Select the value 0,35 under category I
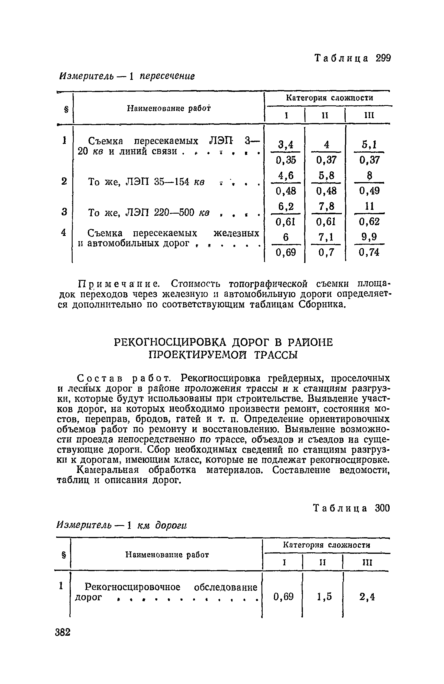click(x=285, y=160)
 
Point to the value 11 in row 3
click(x=369, y=206)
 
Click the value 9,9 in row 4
click(x=369, y=237)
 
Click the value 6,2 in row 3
click(x=285, y=206)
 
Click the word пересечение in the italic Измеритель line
click(x=167, y=76)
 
